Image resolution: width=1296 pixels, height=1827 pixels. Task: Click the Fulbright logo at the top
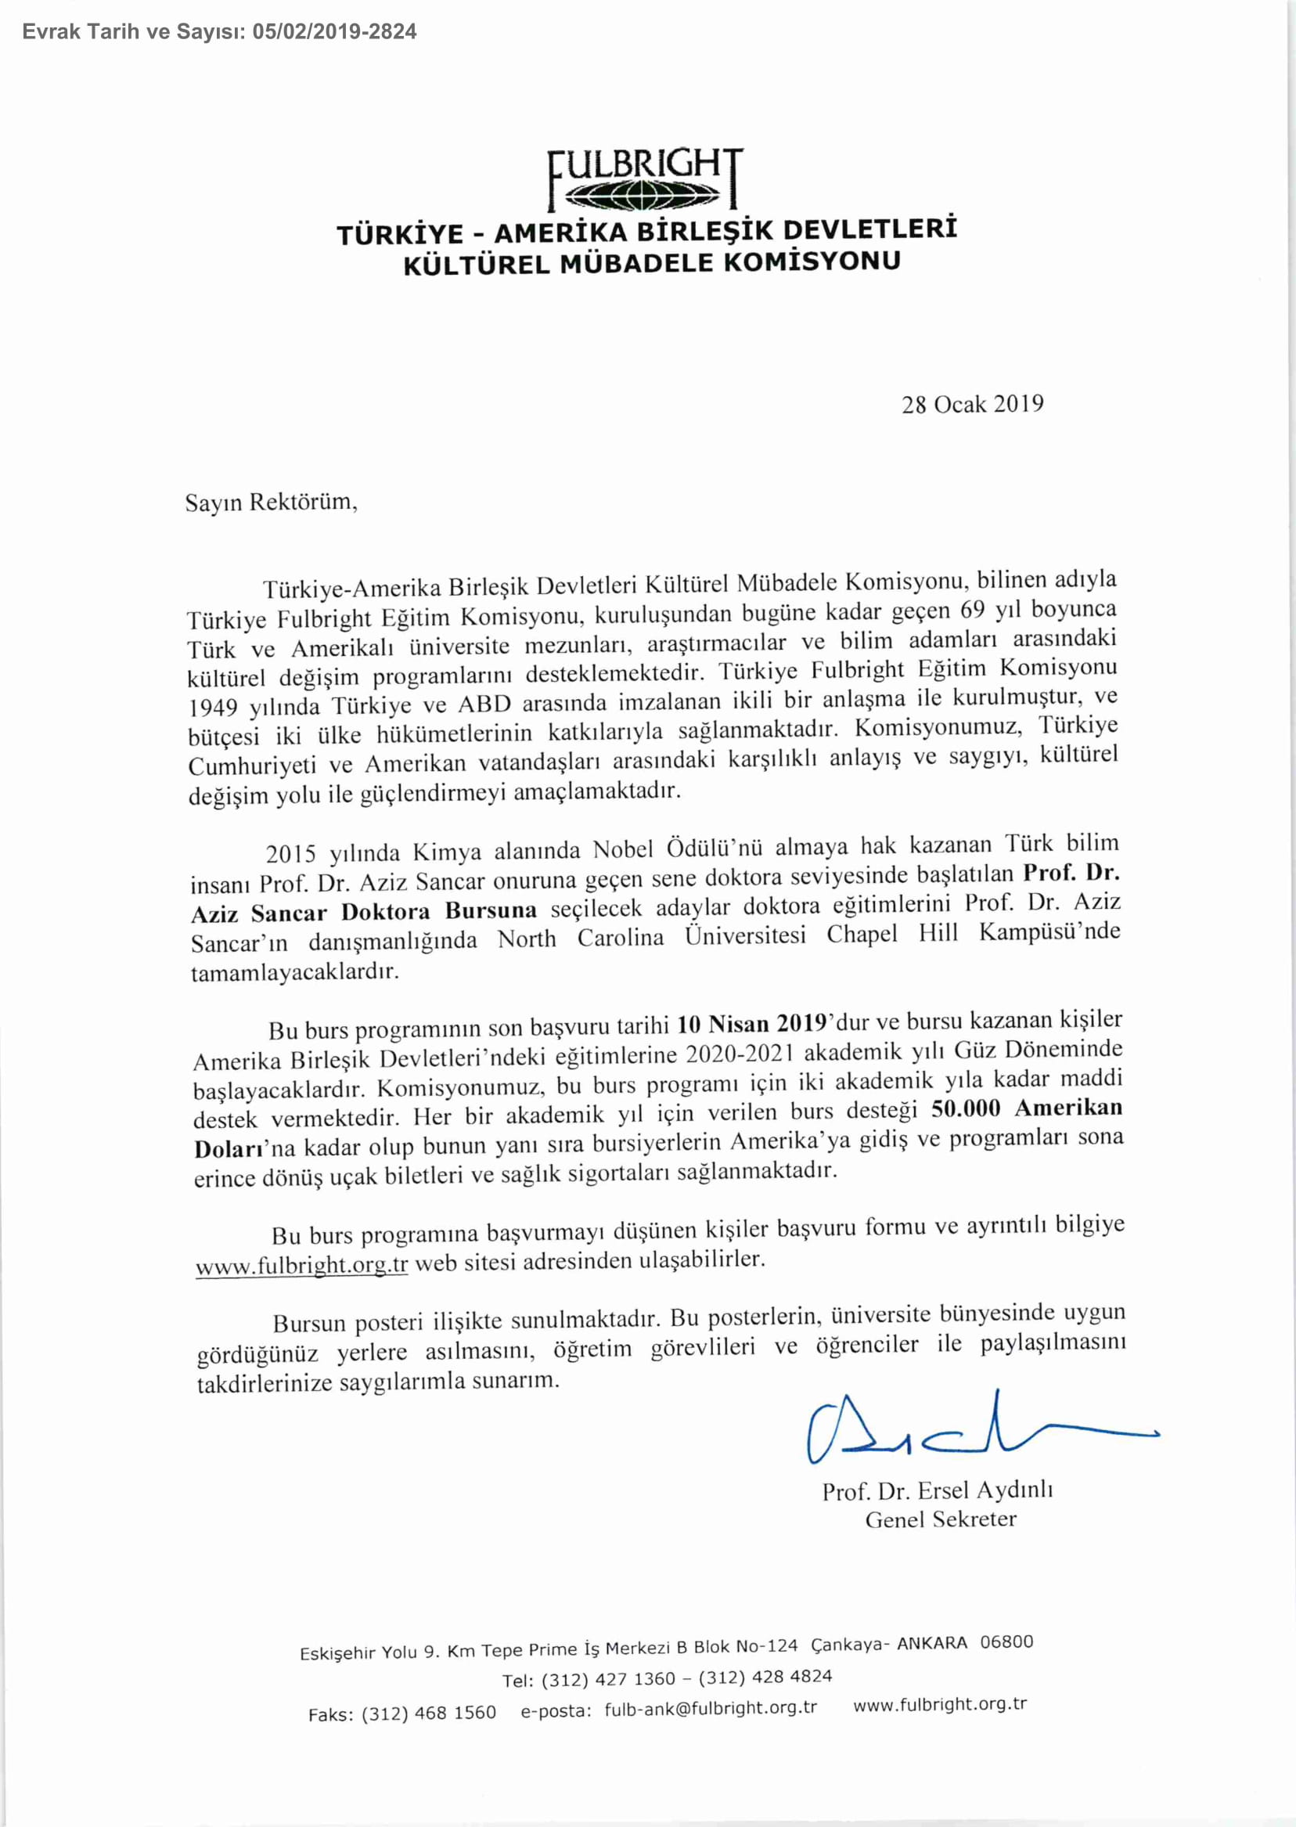pyautogui.click(x=646, y=178)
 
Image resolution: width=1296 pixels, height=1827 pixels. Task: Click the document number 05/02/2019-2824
pyautogui.click(x=334, y=32)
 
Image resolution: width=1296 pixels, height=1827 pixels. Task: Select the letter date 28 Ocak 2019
pyautogui.click(x=972, y=404)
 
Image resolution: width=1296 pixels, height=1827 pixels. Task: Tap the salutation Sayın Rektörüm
pyautogui.click(x=272, y=502)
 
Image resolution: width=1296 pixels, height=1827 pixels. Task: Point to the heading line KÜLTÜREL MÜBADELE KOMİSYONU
pyautogui.click(x=652, y=262)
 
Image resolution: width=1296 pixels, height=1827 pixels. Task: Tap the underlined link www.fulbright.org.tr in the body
pyautogui.click(x=301, y=1266)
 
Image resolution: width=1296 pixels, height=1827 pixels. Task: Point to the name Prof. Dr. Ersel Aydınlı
pyautogui.click(x=938, y=1490)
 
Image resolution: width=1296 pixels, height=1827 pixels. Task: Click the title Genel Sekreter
pyautogui.click(x=941, y=1519)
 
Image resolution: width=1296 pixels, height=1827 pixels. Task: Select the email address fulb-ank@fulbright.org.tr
pyautogui.click(x=711, y=1708)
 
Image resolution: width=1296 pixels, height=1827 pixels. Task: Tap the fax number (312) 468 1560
pyautogui.click(x=429, y=1713)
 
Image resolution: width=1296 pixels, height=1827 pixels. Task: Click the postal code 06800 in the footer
pyautogui.click(x=1006, y=1641)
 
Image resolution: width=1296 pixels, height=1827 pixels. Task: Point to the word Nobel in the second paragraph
pyautogui.click(x=624, y=849)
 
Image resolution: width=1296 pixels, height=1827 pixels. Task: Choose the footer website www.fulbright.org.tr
pyautogui.click(x=939, y=1704)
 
